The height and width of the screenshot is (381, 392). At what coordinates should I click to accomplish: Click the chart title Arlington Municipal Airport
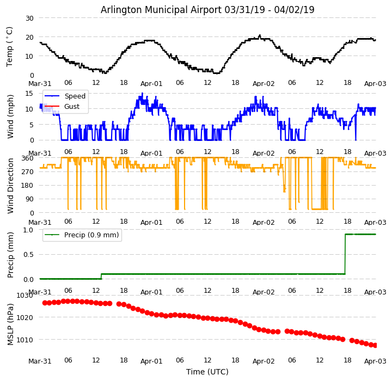pos(207,10)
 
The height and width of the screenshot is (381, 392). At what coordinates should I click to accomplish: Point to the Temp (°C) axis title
pos(10,46)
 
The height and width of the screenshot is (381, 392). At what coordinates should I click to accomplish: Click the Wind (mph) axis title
pos(10,116)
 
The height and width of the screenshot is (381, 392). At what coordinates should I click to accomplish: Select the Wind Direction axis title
pos(10,185)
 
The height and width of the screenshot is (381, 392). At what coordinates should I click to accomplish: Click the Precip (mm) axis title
pos(10,254)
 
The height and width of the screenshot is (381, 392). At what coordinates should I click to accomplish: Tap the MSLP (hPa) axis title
pos(10,324)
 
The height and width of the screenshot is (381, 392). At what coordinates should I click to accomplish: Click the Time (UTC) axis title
pos(207,372)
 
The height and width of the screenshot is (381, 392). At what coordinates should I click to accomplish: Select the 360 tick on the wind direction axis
pos(27,158)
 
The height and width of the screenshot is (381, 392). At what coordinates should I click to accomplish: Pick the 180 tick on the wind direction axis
pos(27,186)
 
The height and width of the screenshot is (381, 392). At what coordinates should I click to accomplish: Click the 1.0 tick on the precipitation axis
pos(27,230)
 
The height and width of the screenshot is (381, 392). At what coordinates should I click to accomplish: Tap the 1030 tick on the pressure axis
pos(25,296)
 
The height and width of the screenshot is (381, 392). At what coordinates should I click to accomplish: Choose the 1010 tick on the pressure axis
pos(25,340)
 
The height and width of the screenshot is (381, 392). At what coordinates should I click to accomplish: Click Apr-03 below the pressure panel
pos(375,361)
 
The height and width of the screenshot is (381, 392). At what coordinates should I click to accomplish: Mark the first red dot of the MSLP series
pos(45,303)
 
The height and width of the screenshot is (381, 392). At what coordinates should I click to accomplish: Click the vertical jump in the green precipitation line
pos(345,254)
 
